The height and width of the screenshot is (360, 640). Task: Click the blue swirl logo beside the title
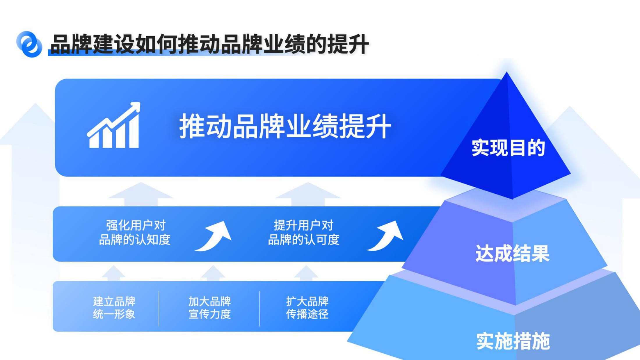pyautogui.click(x=29, y=44)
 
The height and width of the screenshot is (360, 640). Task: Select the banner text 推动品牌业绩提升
pyautogui.click(x=285, y=126)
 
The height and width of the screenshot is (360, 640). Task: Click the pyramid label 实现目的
pyautogui.click(x=508, y=148)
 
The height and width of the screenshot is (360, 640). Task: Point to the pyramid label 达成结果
pyautogui.click(x=513, y=253)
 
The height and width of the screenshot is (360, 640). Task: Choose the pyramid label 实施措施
pyautogui.click(x=513, y=341)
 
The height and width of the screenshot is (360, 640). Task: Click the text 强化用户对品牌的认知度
pyautogui.click(x=135, y=233)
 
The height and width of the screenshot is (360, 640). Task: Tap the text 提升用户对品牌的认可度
pyautogui.click(x=303, y=233)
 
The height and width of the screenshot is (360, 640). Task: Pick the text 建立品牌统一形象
pyautogui.click(x=114, y=308)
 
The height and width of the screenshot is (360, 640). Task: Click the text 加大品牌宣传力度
pyautogui.click(x=209, y=308)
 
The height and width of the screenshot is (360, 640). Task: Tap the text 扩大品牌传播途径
pyautogui.click(x=307, y=308)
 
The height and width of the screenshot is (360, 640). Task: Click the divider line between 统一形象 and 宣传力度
pyautogui.click(x=159, y=309)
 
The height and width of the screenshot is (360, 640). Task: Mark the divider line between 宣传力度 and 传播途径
pyautogui.click(x=259, y=309)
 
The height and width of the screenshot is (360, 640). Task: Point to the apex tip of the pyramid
pyautogui.click(x=506, y=72)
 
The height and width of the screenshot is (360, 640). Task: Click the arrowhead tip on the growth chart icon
pyautogui.click(x=139, y=103)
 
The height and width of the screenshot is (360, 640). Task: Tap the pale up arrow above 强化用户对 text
pyautogui.click(x=141, y=194)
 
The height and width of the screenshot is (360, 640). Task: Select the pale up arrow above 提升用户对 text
pyautogui.click(x=308, y=194)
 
